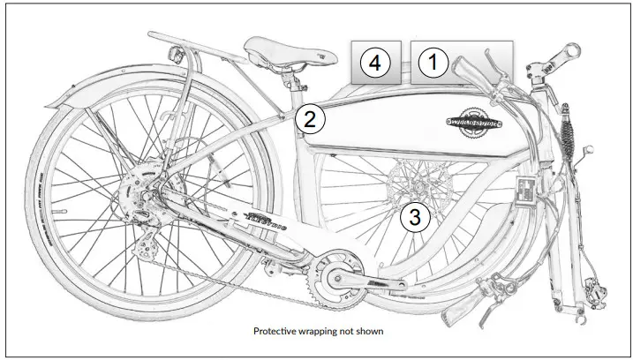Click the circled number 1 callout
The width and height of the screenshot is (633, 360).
432,63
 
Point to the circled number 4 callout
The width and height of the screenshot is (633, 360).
375,63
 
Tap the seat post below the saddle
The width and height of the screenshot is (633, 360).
290,87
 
